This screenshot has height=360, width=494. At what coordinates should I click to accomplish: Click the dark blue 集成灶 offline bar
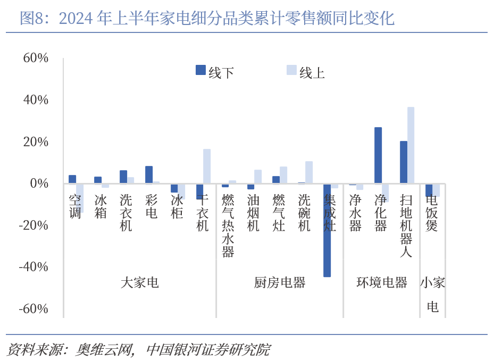[327, 230]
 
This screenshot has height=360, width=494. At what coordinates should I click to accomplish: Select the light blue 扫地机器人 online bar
[411, 145]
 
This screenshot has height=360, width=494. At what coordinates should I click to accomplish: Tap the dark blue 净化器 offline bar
[378, 155]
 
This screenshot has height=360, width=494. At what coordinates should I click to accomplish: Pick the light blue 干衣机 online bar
[207, 166]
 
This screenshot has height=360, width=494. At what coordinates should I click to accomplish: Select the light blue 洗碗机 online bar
[309, 172]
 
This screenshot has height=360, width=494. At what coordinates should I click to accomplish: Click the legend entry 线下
[215, 72]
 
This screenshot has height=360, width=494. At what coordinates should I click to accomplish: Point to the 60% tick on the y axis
[36, 58]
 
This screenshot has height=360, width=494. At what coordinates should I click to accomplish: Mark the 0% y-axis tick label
[40, 183]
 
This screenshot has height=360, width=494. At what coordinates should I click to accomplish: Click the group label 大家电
[139, 282]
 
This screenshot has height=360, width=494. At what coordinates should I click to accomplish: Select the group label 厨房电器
[280, 282]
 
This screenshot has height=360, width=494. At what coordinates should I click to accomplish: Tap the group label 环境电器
[382, 282]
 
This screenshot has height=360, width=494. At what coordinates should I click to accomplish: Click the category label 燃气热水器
[228, 225]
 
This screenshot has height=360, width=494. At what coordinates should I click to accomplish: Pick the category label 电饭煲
[432, 213]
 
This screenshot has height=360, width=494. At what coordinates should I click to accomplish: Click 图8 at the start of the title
[31, 19]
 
